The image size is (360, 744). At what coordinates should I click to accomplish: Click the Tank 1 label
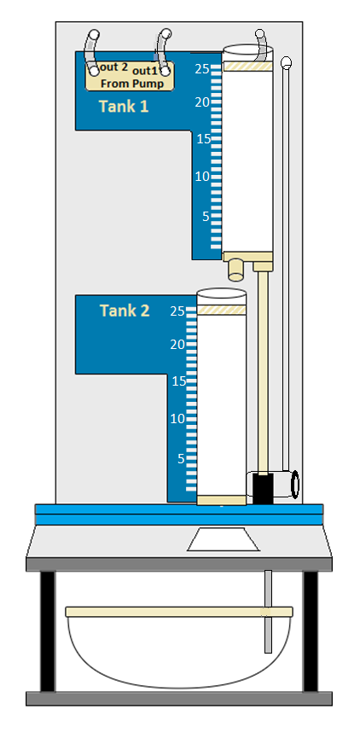coord(124,107)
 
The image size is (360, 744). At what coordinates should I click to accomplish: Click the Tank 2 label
coord(125,311)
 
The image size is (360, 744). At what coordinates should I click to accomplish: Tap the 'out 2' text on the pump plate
coord(113,67)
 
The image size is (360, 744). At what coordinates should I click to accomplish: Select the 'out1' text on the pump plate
coord(144,71)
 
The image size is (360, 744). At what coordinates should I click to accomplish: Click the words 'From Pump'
coord(132,84)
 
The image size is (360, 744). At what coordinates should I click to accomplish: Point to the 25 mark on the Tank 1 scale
coord(202,69)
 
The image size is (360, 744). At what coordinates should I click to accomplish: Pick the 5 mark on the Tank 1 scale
coord(206,217)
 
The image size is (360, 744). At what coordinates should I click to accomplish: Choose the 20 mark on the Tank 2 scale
coord(177,345)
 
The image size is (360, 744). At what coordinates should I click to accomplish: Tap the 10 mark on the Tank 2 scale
coord(177,418)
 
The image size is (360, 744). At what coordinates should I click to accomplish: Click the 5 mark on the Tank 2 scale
coord(181,459)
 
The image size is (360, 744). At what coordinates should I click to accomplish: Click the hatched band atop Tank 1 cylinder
coord(247,67)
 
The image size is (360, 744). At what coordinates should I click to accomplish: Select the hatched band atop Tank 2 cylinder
coord(222,310)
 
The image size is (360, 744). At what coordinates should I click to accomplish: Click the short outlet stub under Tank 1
coord(235,270)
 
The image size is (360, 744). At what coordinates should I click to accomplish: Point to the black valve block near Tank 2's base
coord(263,488)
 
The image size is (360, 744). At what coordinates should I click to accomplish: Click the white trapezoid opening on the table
coord(224,539)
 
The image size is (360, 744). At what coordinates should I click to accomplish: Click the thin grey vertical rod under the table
coord(269,612)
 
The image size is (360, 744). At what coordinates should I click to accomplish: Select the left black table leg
coord(48,631)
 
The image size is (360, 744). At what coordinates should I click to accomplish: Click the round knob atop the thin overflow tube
coord(286,62)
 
